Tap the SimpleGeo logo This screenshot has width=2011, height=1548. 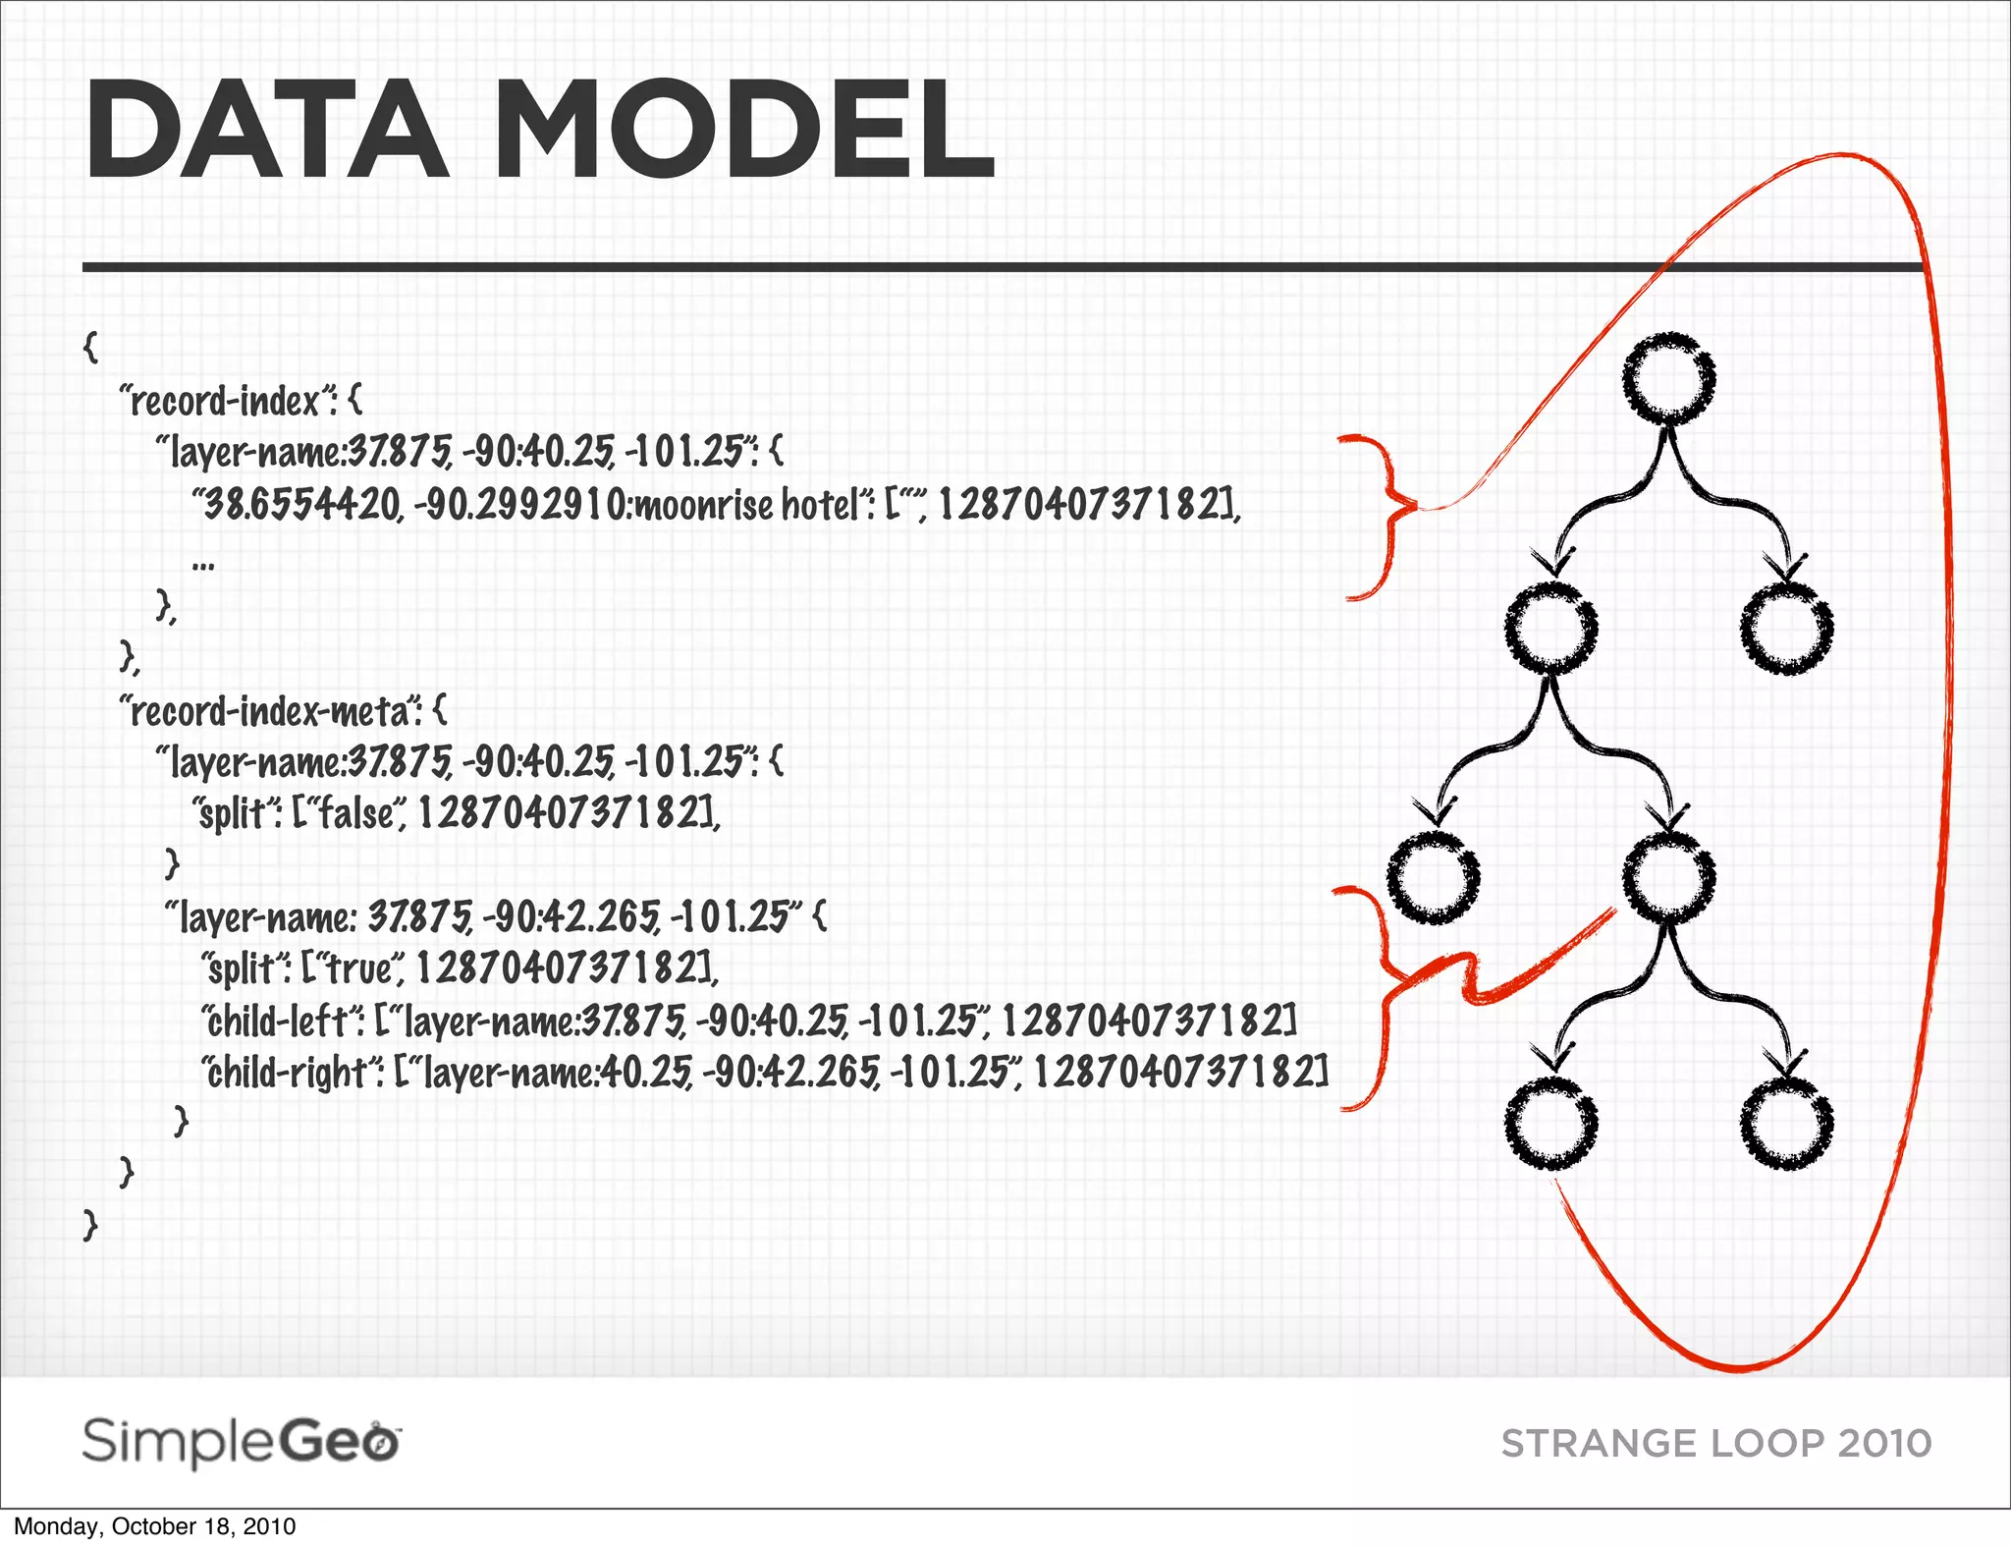coord(241,1442)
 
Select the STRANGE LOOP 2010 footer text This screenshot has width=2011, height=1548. coord(1716,1444)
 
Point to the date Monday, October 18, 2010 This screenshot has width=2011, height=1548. coord(154,1526)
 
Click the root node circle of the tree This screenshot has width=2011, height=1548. coord(1668,379)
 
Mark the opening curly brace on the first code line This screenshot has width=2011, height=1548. coord(91,346)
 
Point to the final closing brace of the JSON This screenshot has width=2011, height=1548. coord(90,1224)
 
